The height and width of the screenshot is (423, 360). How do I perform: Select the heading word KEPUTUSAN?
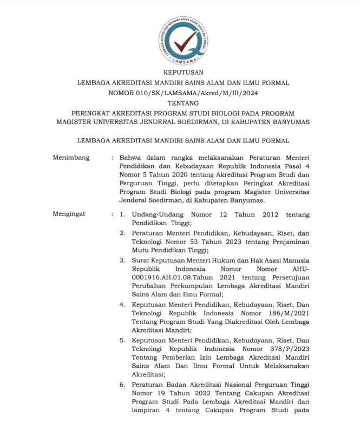(x=184, y=73)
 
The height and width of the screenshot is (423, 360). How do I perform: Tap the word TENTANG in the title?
(x=184, y=103)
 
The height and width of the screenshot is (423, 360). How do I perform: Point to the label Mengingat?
(x=69, y=214)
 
